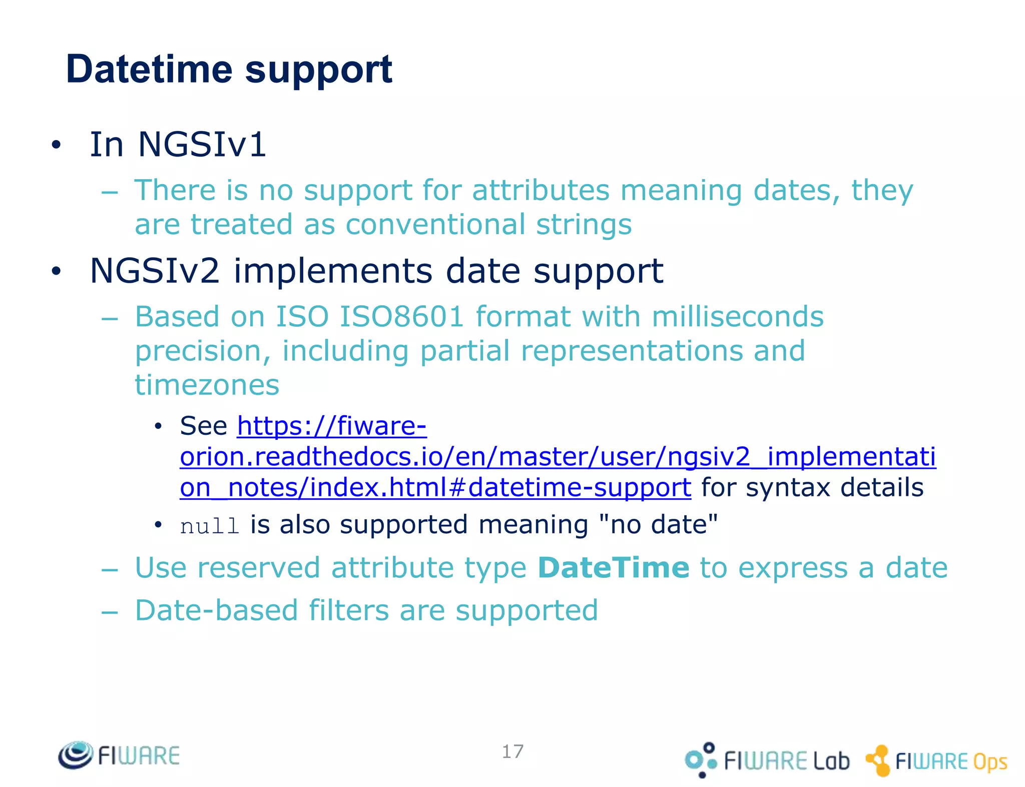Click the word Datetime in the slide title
click(x=149, y=69)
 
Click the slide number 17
click(x=512, y=751)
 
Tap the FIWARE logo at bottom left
click(x=119, y=755)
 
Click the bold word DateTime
click(x=614, y=568)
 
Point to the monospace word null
click(x=210, y=526)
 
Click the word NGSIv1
click(x=202, y=145)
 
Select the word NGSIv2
click(x=155, y=271)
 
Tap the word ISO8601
click(x=401, y=317)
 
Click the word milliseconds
click(x=737, y=317)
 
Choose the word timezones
click(x=207, y=385)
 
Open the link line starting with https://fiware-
click(x=332, y=426)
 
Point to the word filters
click(x=348, y=610)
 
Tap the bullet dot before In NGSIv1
click(x=56, y=146)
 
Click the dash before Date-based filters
click(x=110, y=612)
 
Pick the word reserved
click(x=258, y=568)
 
